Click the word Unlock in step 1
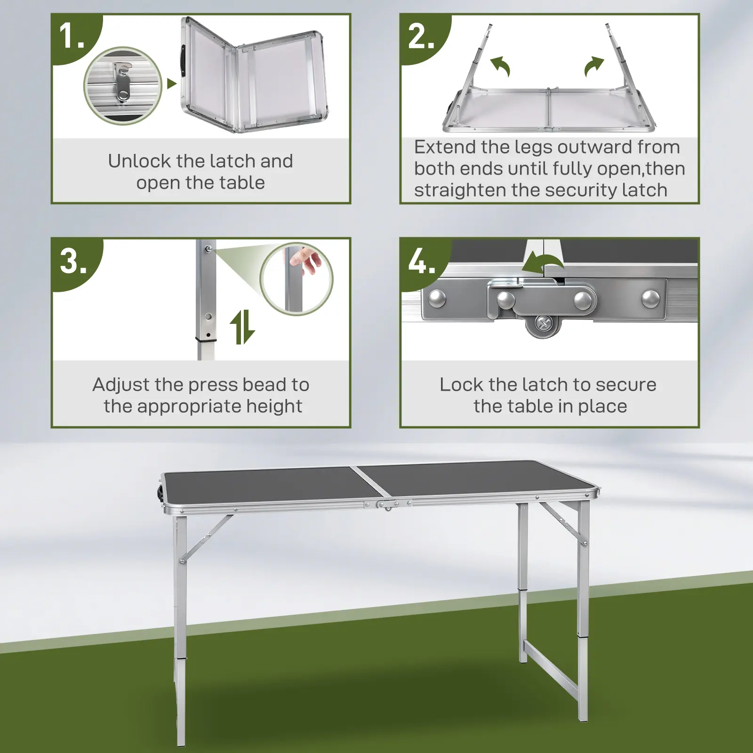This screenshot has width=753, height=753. (x=139, y=161)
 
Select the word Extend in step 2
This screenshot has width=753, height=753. (x=445, y=147)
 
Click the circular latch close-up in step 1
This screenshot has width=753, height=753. (x=123, y=86)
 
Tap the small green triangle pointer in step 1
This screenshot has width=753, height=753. (x=172, y=84)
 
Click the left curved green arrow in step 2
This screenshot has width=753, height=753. (x=500, y=66)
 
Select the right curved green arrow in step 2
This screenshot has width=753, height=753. (x=594, y=66)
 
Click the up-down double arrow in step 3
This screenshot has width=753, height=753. (x=242, y=327)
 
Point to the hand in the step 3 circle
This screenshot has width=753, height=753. (x=306, y=262)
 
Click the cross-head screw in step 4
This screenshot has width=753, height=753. (x=544, y=324)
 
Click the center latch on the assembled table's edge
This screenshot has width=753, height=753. (x=387, y=505)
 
